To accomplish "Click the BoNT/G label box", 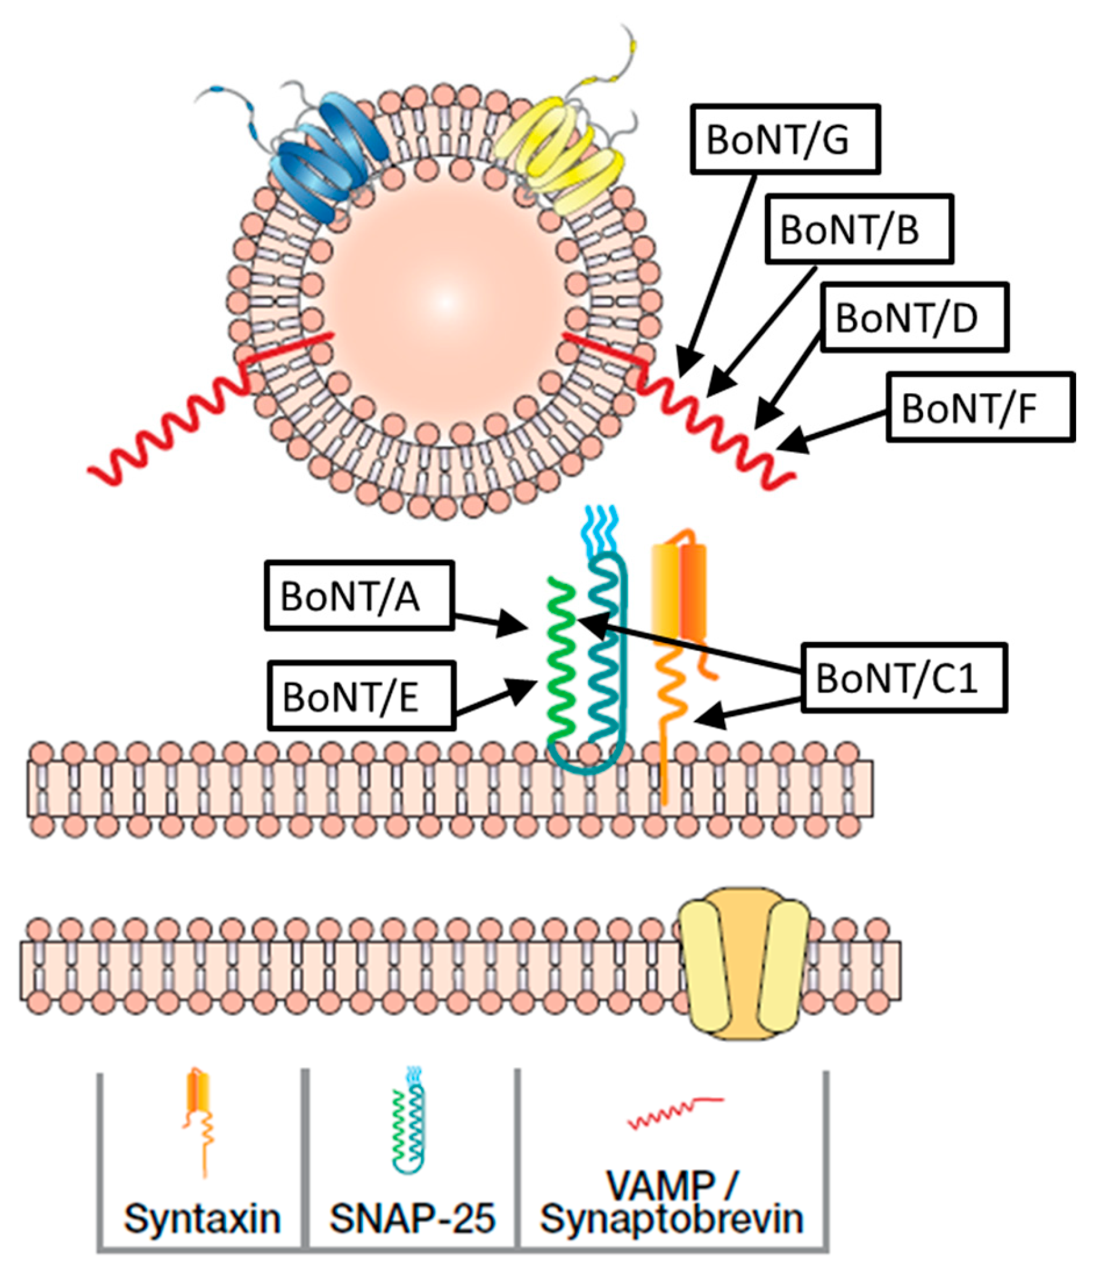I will tap(785, 139).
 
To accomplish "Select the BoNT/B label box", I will tap(859, 229).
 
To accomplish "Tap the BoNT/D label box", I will tap(914, 317).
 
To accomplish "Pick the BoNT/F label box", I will tap(980, 407).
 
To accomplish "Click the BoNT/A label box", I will tap(359, 596).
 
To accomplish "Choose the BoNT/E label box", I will tap(361, 696).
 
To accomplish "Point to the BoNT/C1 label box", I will tap(903, 678).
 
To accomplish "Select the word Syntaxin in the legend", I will tap(202, 1219).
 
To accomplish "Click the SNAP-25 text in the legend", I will tap(412, 1219).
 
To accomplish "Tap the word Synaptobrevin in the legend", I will tap(671, 1219).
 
